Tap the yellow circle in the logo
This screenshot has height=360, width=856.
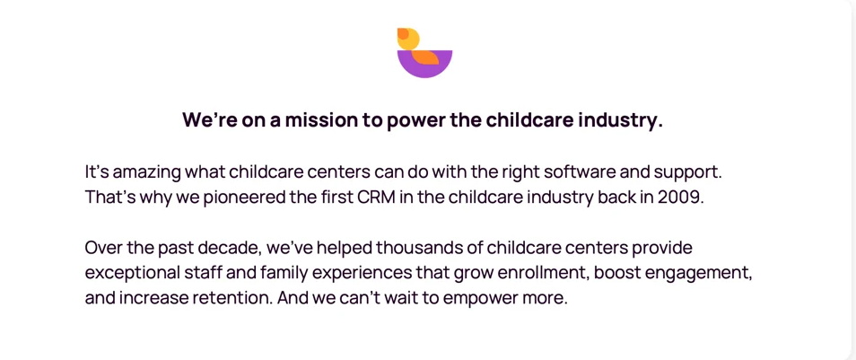[x=408, y=39]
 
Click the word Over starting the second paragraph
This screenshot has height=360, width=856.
[x=102, y=249]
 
